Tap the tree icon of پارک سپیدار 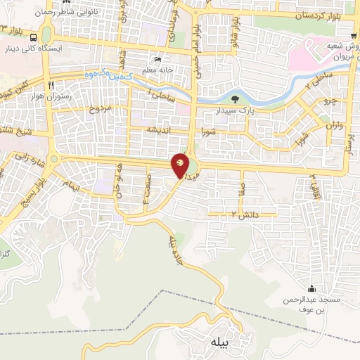point(233,99)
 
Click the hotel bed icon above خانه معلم point(157,60)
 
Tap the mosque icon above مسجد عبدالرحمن point(311,288)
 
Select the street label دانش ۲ point(245,213)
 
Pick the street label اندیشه point(160,131)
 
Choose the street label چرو point(330,101)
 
